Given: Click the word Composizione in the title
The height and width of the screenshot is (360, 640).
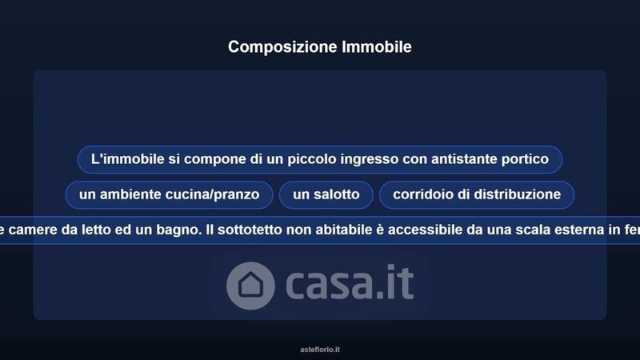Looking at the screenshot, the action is tap(283, 47).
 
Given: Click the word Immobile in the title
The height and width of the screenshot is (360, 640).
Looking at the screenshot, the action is tap(377, 46).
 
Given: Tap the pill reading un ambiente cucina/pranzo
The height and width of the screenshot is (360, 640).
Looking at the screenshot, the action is tap(169, 194).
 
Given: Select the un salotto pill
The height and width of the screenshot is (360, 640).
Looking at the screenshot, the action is tap(326, 194).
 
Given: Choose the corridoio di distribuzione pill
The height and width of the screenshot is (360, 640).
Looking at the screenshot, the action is tap(477, 194).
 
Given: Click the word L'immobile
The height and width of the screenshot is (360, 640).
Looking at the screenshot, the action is tap(127, 158).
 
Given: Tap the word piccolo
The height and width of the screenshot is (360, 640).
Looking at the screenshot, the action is tap(312, 159).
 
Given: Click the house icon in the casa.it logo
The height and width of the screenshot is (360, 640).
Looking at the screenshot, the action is tap(250, 286).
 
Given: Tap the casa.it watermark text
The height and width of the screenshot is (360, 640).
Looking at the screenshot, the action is tap(350, 282).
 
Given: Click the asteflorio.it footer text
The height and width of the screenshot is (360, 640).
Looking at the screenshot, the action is tap(320, 350).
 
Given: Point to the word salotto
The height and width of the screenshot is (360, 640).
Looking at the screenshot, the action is tap(337, 194).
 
